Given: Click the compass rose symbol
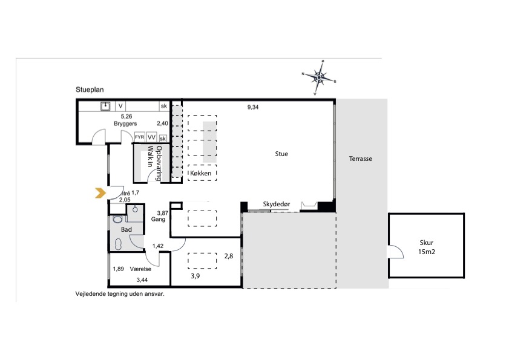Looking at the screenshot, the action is pyautogui.click(x=319, y=77).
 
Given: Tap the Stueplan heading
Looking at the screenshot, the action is pyautogui.click(x=90, y=90).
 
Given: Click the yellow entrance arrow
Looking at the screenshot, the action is pyautogui.click(x=100, y=193).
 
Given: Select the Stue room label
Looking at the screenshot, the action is pyautogui.click(x=281, y=154).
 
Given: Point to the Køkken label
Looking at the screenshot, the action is pyautogui.click(x=200, y=174).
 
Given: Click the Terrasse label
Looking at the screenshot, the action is pyautogui.click(x=361, y=159).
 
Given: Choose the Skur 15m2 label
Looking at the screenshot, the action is pyautogui.click(x=427, y=247).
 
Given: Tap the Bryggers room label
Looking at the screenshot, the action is pyautogui.click(x=125, y=123).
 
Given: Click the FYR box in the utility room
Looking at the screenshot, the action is pyautogui.click(x=140, y=137).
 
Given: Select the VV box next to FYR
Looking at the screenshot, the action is pyautogui.click(x=151, y=137).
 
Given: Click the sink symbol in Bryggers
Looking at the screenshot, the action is pyautogui.click(x=105, y=106).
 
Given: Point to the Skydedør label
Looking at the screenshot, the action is pyautogui.click(x=277, y=204).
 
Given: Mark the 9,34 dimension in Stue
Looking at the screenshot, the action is pyautogui.click(x=253, y=107).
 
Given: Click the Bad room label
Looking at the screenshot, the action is pyautogui.click(x=126, y=229).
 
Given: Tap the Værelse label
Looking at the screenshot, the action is pyautogui.click(x=140, y=269).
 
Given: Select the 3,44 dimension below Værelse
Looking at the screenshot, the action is pyautogui.click(x=142, y=280).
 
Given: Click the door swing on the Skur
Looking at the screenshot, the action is pyautogui.click(x=396, y=252).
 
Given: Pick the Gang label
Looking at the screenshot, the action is pyautogui.click(x=158, y=220).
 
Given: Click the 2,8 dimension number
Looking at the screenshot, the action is pyautogui.click(x=229, y=256).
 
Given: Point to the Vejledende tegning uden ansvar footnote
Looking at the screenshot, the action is pyautogui.click(x=120, y=294).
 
